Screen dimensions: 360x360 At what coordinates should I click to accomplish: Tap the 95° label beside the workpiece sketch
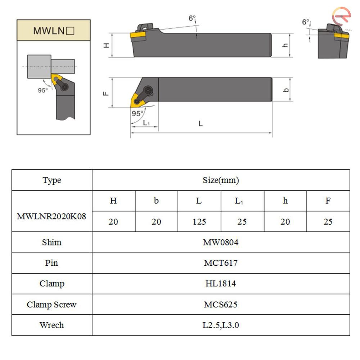(x=43, y=90)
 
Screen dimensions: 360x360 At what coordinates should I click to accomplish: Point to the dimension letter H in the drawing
(x=106, y=45)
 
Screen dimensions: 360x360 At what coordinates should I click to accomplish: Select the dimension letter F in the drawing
(x=106, y=93)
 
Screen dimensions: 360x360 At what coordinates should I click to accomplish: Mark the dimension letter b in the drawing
(x=286, y=89)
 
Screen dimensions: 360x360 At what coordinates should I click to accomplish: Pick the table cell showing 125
(x=199, y=222)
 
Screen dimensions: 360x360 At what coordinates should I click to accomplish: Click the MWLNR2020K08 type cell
(x=51, y=217)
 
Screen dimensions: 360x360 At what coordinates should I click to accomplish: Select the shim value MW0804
(x=220, y=242)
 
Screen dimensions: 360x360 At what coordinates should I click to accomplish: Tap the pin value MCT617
(x=220, y=263)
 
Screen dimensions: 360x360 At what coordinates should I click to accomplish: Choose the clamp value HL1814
(x=220, y=284)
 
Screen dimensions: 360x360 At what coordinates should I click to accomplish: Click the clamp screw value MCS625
(x=220, y=305)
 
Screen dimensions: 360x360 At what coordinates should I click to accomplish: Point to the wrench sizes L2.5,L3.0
(x=220, y=325)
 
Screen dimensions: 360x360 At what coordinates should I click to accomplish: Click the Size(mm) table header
(x=220, y=180)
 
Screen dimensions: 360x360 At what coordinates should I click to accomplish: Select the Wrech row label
(x=51, y=325)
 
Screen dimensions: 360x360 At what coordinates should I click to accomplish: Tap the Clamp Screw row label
(x=51, y=305)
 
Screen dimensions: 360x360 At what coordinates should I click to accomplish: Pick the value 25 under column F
(x=328, y=222)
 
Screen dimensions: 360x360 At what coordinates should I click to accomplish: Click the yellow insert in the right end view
(x=342, y=36)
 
